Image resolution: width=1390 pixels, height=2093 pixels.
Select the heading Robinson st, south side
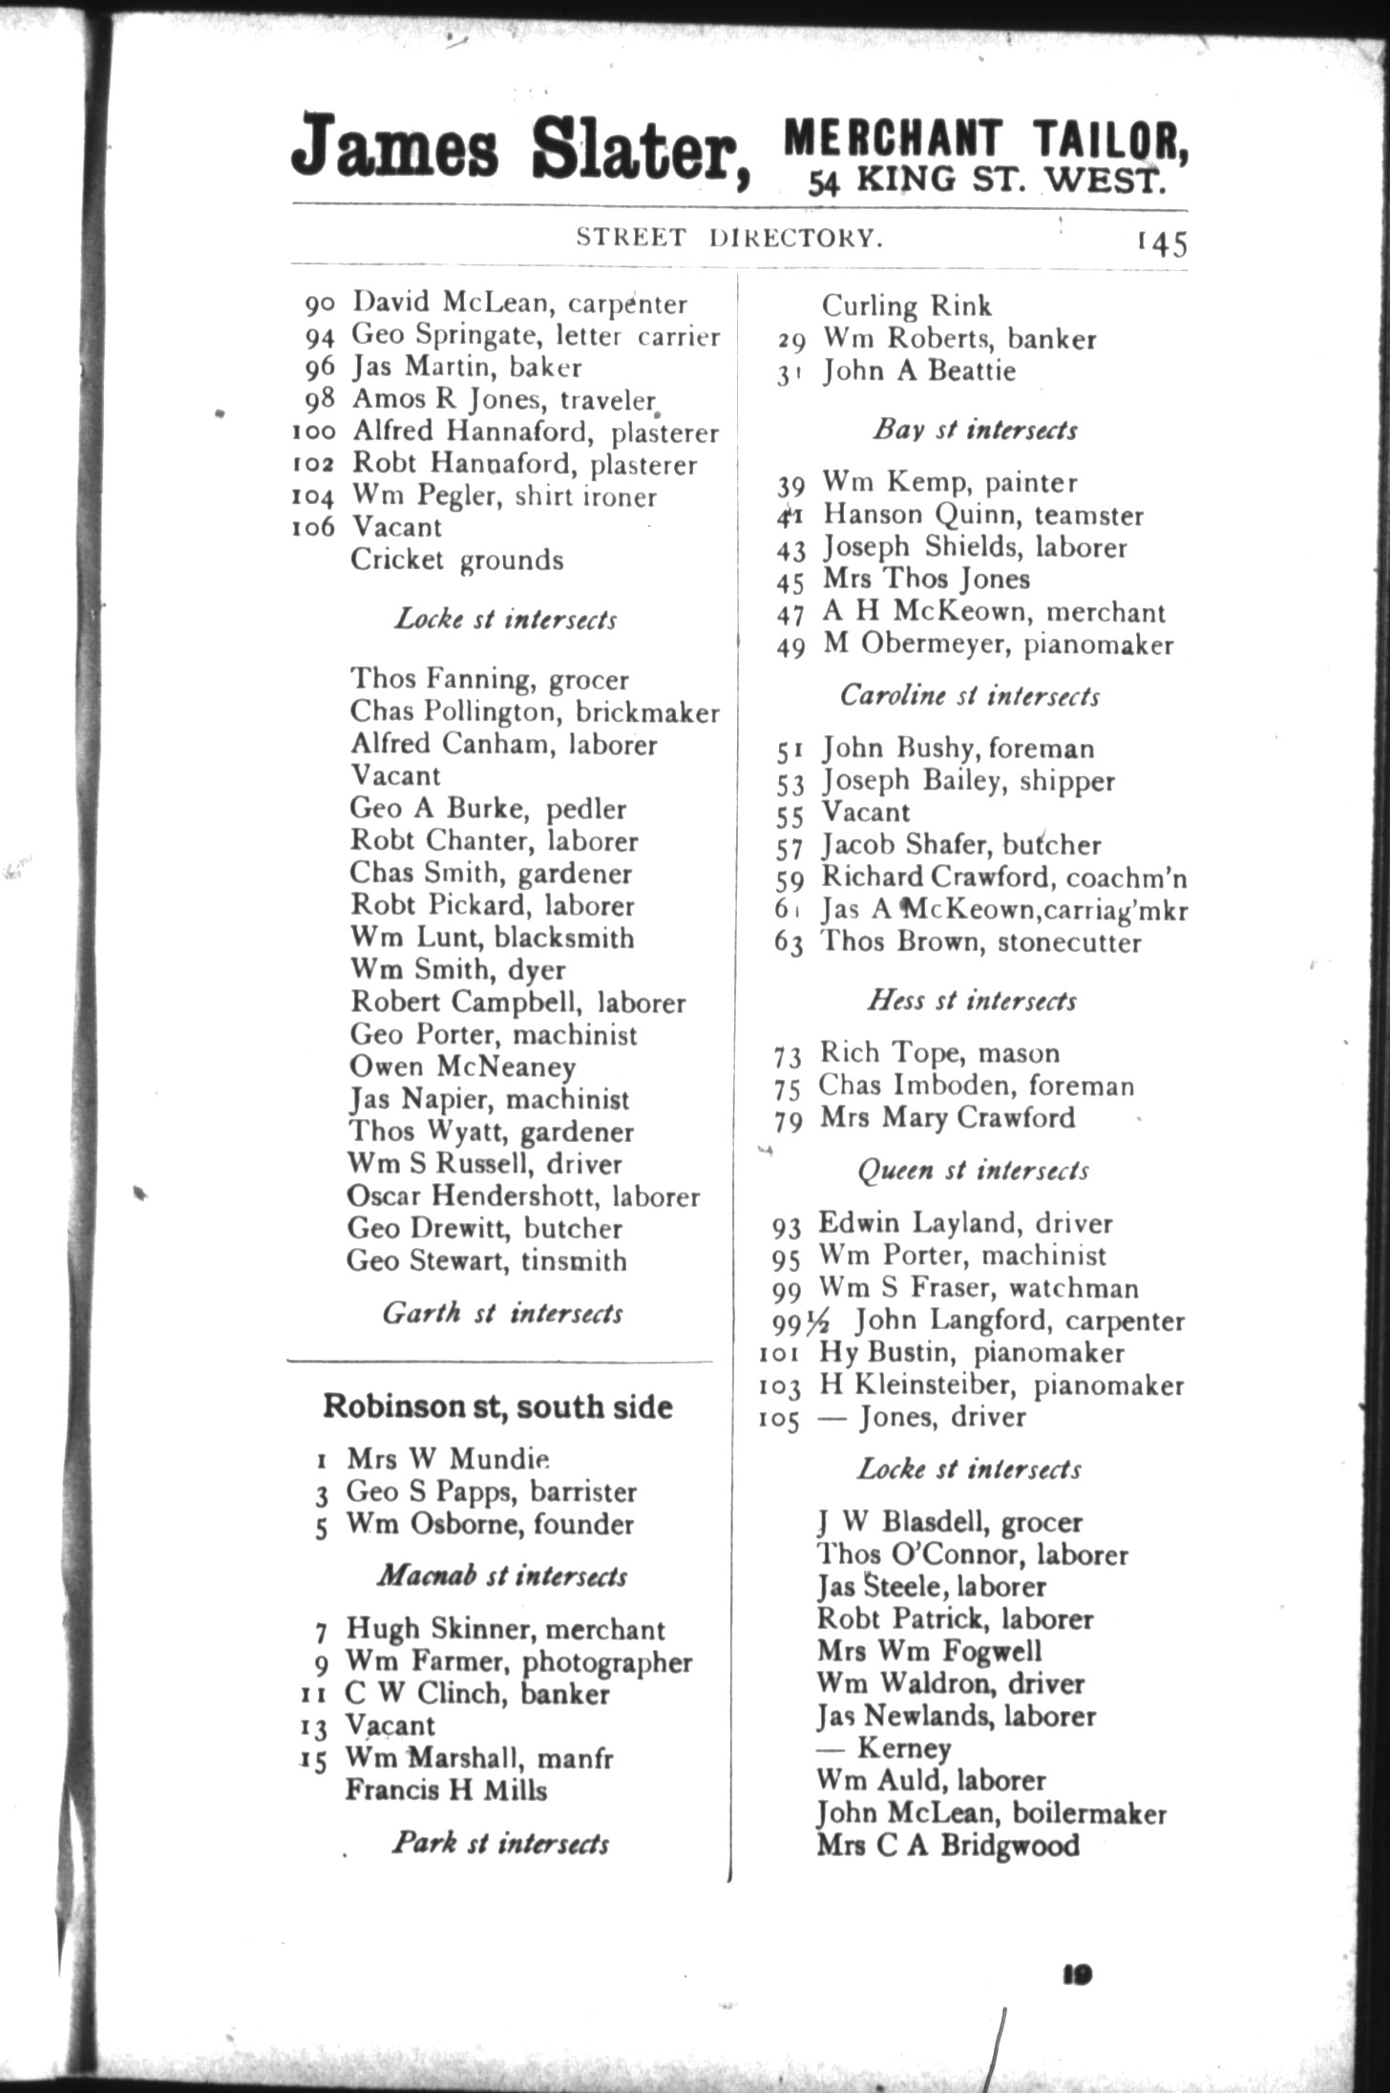[x=497, y=1406]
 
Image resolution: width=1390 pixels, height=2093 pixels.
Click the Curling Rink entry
[x=906, y=306]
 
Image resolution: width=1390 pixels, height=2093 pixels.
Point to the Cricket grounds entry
[x=456, y=560]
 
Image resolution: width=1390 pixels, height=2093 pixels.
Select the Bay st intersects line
[x=975, y=430]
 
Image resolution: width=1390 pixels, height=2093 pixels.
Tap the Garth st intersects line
[x=502, y=1314]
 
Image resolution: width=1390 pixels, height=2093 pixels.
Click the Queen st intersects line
[x=973, y=1171]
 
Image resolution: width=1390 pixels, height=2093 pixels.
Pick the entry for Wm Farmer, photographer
[x=518, y=1661]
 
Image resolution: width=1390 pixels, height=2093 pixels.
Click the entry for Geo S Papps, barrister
[x=491, y=1491]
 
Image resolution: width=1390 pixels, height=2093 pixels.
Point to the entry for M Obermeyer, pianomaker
[x=998, y=645]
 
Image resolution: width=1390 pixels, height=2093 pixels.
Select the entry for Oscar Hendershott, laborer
[x=523, y=1196]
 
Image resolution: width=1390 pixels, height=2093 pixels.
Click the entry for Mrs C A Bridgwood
[x=948, y=1845]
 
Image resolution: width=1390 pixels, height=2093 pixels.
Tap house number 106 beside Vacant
[x=313, y=528]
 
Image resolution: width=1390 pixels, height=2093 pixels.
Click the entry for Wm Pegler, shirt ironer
[x=504, y=497]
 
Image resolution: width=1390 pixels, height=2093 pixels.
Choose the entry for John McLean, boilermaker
[x=991, y=1812]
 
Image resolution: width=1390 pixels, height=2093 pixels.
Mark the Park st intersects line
[x=500, y=1843]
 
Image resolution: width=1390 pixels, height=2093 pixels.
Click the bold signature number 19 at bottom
[x=1077, y=1975]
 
